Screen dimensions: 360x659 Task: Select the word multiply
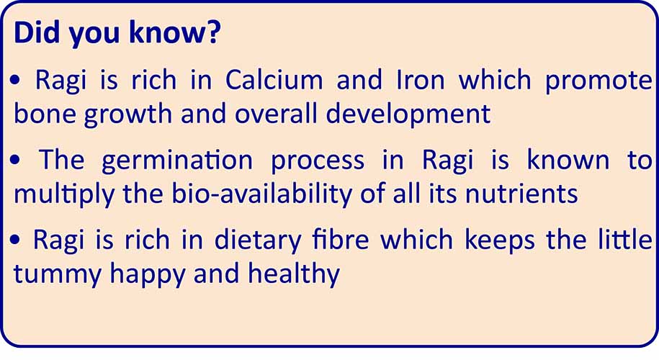coord(58,194)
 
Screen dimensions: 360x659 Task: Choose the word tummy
coord(54,275)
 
